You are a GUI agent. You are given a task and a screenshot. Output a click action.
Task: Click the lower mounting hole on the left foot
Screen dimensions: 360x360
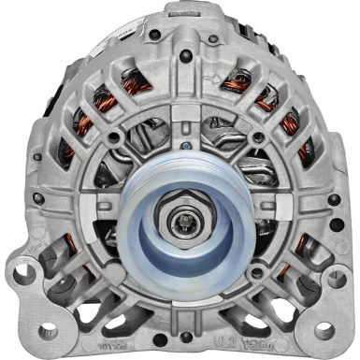coord(45,330)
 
